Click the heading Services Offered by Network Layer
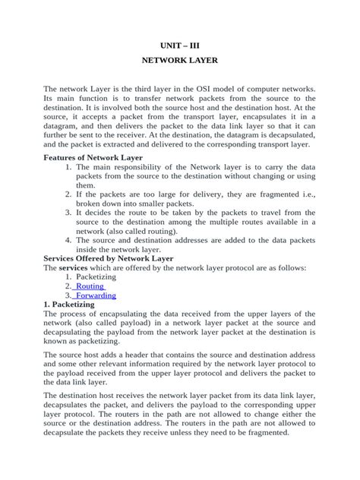(109, 258)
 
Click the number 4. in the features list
(69, 240)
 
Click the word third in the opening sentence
(137, 89)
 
